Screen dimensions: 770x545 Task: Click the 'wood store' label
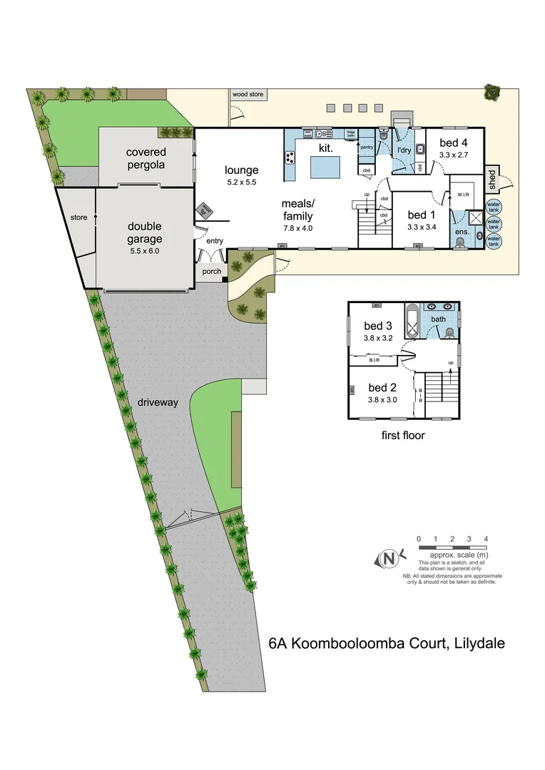pyautogui.click(x=247, y=93)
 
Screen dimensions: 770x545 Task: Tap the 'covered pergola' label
pyautogui.click(x=146, y=158)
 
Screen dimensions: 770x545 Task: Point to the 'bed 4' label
pyautogui.click(x=454, y=143)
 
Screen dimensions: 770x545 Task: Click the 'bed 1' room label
pyautogui.click(x=421, y=215)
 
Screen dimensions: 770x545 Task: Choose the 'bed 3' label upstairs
pyautogui.click(x=378, y=327)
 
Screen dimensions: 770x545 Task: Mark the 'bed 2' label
pyautogui.click(x=382, y=388)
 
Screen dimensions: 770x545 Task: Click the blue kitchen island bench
pyautogui.click(x=325, y=168)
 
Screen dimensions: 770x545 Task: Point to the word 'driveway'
pyautogui.click(x=158, y=402)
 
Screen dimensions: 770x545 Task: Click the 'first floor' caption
pyautogui.click(x=403, y=435)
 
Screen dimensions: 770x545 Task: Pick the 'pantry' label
pyautogui.click(x=367, y=147)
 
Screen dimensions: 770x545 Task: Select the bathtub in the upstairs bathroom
pyautogui.click(x=413, y=323)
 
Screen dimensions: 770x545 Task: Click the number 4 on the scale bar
pyautogui.click(x=486, y=539)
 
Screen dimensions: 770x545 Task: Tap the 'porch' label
pyautogui.click(x=212, y=272)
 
